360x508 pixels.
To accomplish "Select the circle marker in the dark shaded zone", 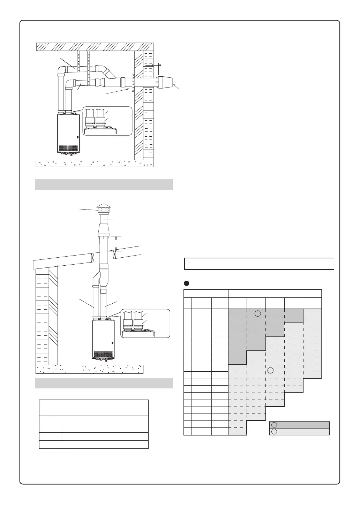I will pos(258,313).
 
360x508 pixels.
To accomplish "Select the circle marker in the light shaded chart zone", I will pos(270,370).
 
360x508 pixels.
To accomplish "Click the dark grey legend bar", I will pos(300,425).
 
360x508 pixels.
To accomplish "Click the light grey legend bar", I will pos(300,432).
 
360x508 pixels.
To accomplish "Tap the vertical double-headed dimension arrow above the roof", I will pos(117,243).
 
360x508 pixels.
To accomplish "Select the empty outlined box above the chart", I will pos(259,264).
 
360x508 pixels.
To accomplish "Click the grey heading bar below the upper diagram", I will pos(104,184).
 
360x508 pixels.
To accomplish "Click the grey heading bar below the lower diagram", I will pos(104,383).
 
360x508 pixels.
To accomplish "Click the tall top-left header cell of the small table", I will pos(51,408).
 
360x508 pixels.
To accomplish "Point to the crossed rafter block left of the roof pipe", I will pos(93,258).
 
